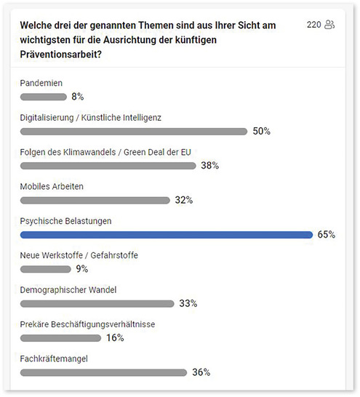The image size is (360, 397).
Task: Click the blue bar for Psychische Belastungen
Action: (x=167, y=235)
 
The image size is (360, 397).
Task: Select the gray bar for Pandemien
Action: (x=43, y=97)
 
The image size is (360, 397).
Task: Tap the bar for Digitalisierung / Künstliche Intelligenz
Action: (x=134, y=132)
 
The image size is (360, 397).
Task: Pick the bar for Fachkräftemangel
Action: (x=103, y=373)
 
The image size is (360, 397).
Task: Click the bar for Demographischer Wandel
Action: (x=97, y=304)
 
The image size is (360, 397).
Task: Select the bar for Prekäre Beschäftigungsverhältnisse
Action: (x=60, y=338)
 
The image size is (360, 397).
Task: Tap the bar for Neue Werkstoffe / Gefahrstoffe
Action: (x=45, y=269)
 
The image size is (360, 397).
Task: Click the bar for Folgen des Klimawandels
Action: (x=108, y=166)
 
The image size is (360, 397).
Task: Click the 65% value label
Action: (x=327, y=235)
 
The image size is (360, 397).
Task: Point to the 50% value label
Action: (x=261, y=132)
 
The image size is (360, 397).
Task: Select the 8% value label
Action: (x=78, y=97)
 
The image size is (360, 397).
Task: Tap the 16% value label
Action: (x=115, y=338)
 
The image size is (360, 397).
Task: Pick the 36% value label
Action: (x=201, y=373)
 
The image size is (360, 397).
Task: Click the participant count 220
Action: (x=313, y=25)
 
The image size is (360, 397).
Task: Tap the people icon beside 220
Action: (x=329, y=25)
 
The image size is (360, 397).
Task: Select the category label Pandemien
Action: (x=43, y=83)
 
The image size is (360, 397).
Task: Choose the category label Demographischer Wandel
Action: (x=68, y=289)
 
